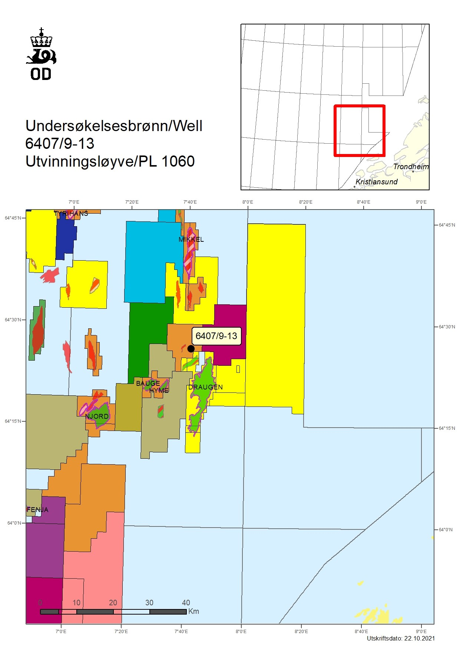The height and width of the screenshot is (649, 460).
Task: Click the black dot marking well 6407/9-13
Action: [x=191, y=348]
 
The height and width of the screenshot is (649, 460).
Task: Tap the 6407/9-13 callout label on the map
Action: [x=216, y=336]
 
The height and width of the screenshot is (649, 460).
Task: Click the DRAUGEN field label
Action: [x=205, y=387]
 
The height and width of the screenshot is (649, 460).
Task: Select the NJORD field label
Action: [x=97, y=416]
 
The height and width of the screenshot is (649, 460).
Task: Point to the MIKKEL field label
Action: [x=191, y=239]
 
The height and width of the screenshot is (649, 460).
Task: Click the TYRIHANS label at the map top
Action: [x=71, y=213]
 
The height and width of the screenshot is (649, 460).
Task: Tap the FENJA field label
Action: [x=37, y=509]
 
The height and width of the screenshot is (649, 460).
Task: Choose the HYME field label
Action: [x=159, y=390]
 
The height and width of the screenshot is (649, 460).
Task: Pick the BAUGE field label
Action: [x=148, y=383]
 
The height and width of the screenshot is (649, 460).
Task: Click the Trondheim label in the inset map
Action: [x=411, y=167]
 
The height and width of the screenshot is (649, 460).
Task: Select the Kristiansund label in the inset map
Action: [x=376, y=181]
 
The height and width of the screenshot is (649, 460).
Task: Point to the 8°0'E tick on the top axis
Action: [x=248, y=202]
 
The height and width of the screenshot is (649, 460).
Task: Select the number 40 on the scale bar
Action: [x=186, y=602]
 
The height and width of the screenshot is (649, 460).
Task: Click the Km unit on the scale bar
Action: [x=193, y=611]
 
